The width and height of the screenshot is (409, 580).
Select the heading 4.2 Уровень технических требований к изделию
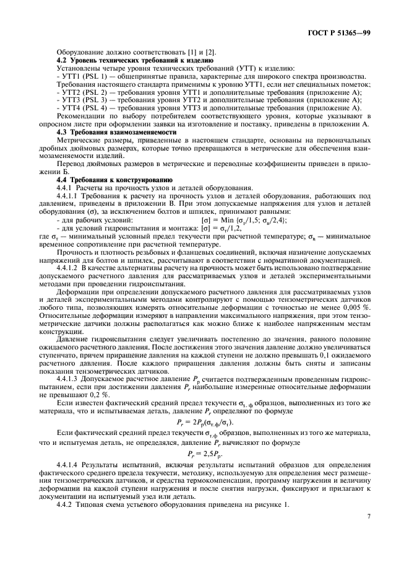pyautogui.click(x=135, y=61)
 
